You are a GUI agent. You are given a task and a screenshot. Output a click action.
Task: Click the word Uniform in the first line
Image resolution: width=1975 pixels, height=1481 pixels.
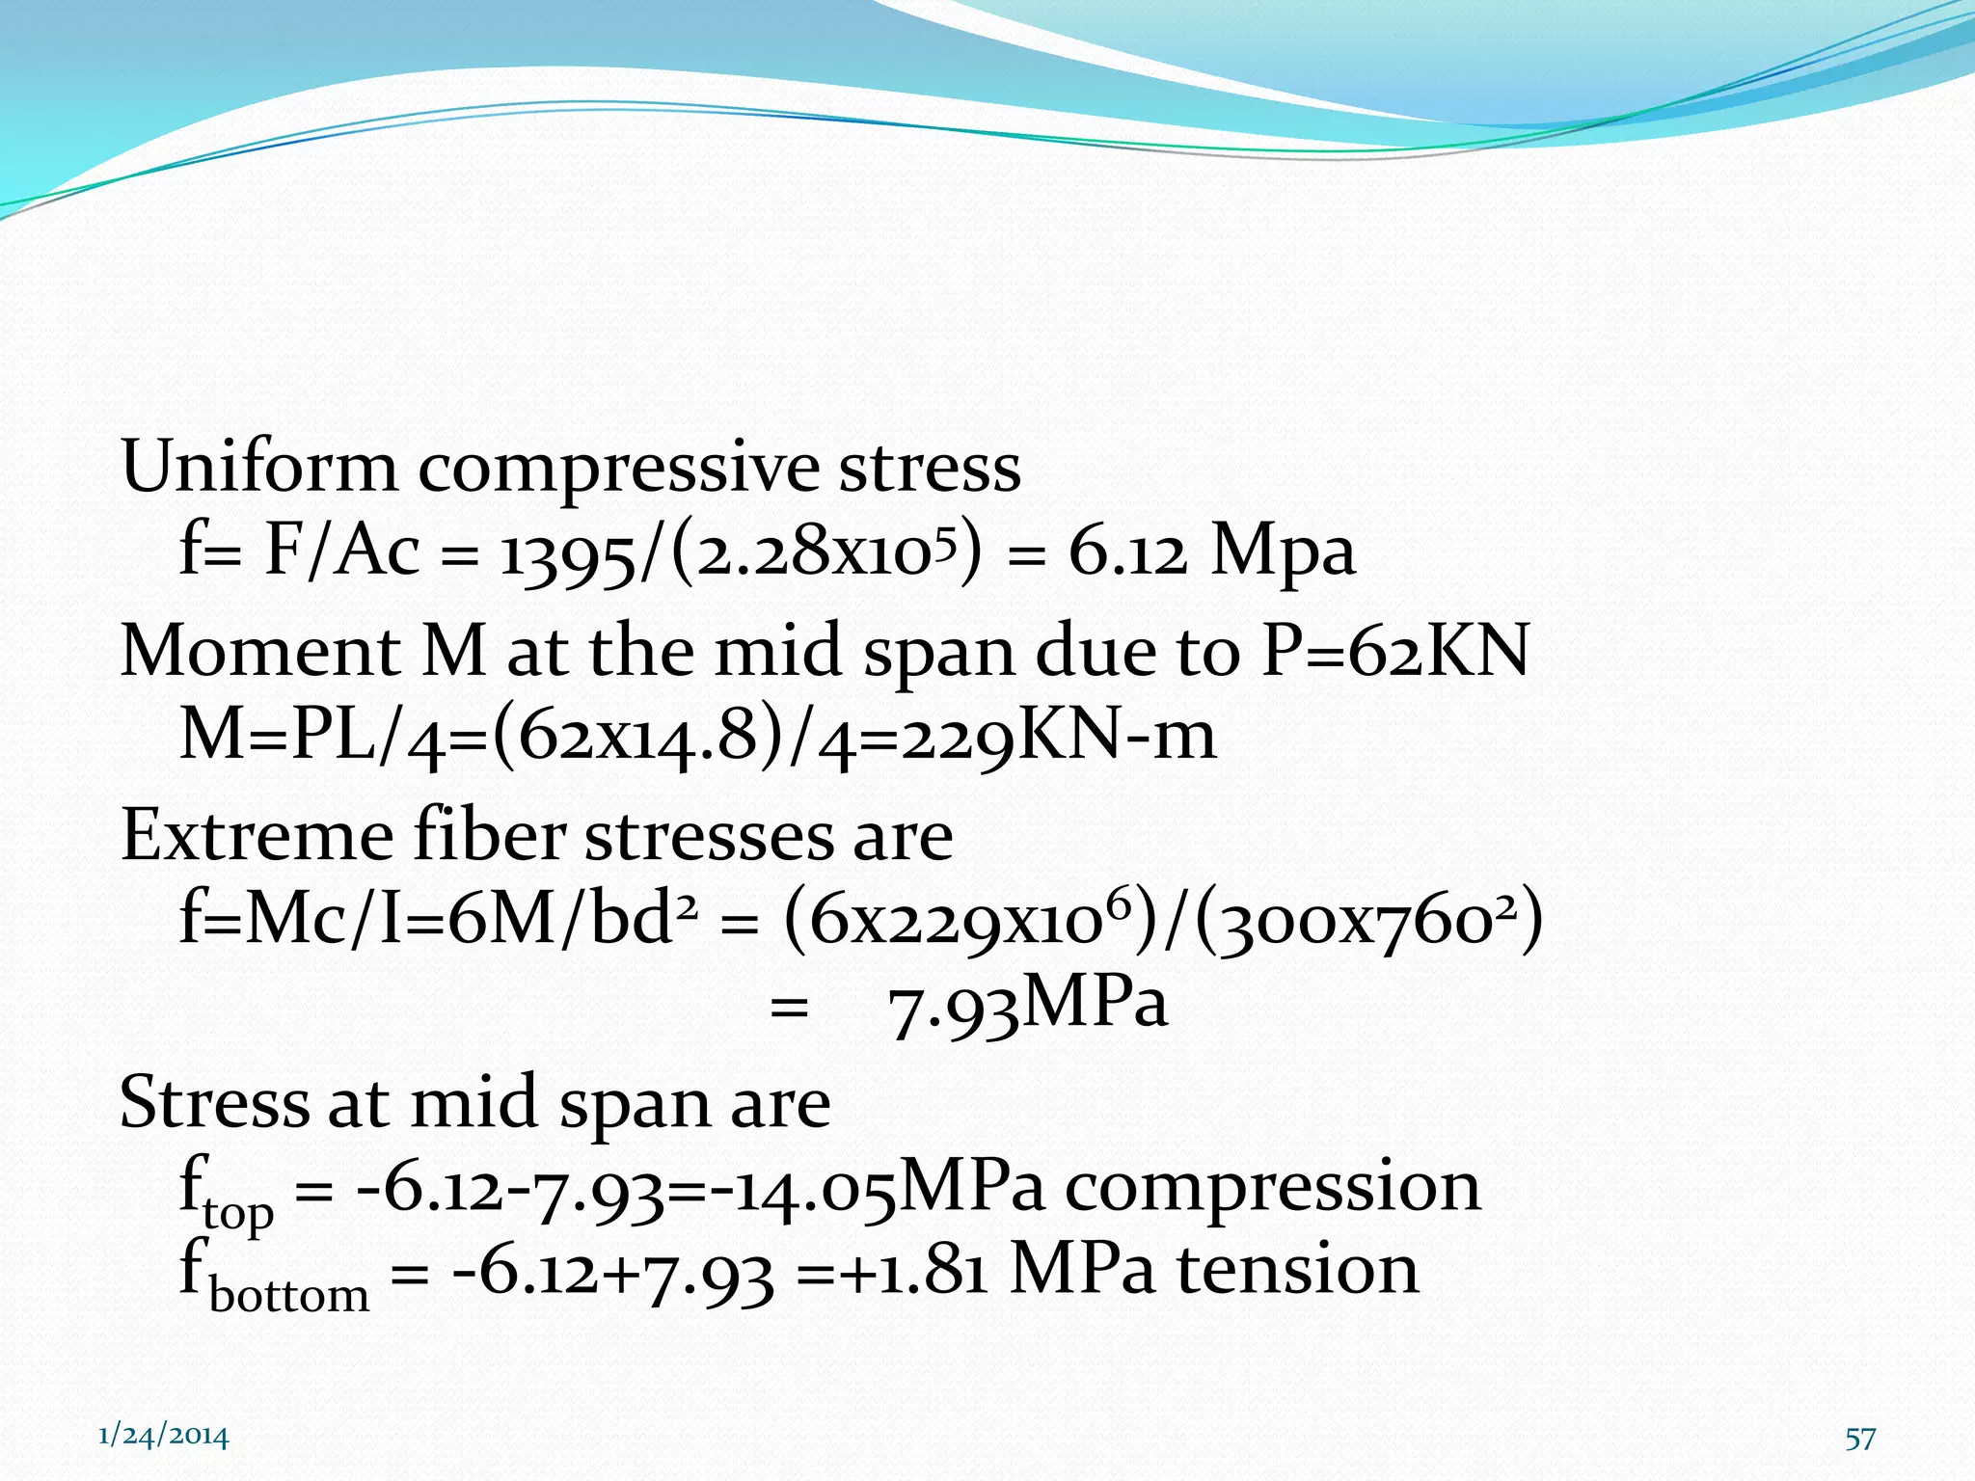point(258,468)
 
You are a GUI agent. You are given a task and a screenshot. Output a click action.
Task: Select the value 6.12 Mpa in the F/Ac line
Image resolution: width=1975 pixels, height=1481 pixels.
point(1211,552)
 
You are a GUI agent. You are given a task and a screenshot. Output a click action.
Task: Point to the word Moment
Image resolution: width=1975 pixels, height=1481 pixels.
point(258,651)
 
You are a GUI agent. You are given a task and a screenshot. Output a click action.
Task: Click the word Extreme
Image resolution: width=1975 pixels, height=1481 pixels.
point(256,835)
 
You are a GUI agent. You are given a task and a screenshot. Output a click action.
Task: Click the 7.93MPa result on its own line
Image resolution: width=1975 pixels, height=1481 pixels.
point(1027,1006)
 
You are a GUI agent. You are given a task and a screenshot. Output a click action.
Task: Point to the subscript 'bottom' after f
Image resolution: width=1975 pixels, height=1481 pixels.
point(289,1294)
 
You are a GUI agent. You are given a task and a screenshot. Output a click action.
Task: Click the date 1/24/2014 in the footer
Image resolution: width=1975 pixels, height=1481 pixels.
point(164,1437)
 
